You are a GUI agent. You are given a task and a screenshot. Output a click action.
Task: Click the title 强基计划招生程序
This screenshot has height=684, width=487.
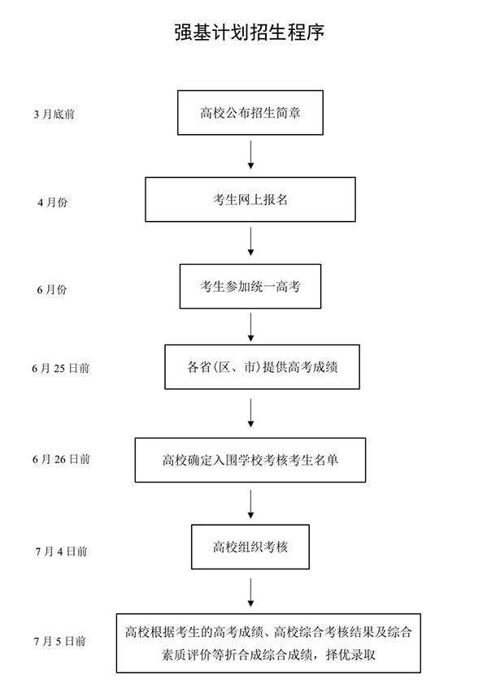pyautogui.click(x=250, y=32)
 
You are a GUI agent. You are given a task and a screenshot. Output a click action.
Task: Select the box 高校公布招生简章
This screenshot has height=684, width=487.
pyautogui.click(x=250, y=113)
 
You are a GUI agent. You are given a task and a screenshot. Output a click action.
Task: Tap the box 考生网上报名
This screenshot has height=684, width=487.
pyautogui.click(x=250, y=199)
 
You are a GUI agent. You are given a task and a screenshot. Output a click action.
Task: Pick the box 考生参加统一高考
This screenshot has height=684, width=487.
pyautogui.click(x=250, y=286)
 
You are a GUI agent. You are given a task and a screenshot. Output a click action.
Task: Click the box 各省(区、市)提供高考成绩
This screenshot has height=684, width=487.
pyautogui.click(x=262, y=367)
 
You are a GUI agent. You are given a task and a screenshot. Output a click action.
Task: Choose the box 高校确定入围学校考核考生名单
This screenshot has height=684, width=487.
pyautogui.click(x=250, y=460)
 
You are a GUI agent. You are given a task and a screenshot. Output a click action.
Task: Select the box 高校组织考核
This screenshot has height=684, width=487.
pyautogui.click(x=250, y=547)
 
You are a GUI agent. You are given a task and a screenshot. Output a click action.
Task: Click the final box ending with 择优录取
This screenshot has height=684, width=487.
pyautogui.click(x=268, y=643)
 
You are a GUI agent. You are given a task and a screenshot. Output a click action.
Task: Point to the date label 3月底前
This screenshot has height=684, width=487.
pyautogui.click(x=54, y=115)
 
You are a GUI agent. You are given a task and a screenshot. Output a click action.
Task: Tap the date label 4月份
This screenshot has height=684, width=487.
pyautogui.click(x=52, y=202)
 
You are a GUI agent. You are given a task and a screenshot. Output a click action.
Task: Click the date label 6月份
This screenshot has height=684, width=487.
pyautogui.click(x=52, y=290)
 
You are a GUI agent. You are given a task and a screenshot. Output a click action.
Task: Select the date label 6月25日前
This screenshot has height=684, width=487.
pyautogui.click(x=60, y=369)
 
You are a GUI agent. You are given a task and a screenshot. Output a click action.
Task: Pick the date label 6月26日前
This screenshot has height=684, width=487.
pyautogui.click(x=61, y=459)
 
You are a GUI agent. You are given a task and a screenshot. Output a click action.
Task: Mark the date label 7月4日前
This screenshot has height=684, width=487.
pyautogui.click(x=61, y=552)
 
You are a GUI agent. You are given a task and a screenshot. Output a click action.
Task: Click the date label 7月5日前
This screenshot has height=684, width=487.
pyautogui.click(x=60, y=641)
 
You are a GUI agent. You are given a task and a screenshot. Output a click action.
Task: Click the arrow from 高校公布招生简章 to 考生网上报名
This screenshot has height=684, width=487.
pyautogui.click(x=250, y=154)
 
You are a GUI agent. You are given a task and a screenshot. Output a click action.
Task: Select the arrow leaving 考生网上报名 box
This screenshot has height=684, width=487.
pyautogui.click(x=250, y=241)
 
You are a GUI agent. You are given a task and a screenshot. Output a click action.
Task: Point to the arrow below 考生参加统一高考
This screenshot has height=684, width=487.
pyautogui.click(x=250, y=327)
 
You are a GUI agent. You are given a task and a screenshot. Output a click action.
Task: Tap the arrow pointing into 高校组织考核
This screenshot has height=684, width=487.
pyautogui.click(x=250, y=504)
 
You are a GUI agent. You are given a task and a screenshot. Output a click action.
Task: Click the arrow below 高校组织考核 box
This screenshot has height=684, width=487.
pyautogui.click(x=250, y=592)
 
